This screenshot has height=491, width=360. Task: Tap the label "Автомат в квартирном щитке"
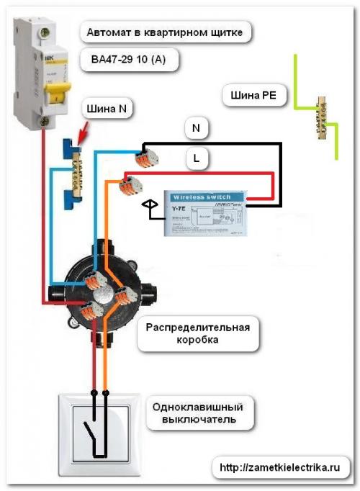pos(168,32)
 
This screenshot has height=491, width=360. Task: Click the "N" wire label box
pos(197,129)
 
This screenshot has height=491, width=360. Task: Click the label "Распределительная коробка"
pos(197,334)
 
